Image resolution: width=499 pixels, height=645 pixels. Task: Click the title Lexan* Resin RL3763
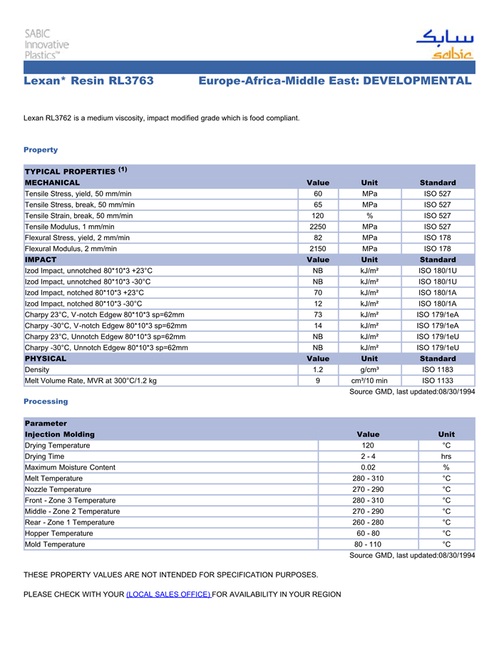(x=88, y=81)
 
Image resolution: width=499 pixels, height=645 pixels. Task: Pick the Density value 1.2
(x=318, y=370)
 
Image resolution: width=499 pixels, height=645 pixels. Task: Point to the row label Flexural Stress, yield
(x=77, y=237)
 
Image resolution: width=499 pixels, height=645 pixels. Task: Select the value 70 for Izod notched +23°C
(x=318, y=292)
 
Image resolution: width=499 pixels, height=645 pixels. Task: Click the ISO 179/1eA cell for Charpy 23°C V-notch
(x=437, y=314)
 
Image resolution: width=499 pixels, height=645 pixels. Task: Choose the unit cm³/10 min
(x=369, y=381)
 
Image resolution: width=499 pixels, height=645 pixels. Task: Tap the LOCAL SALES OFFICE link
(x=168, y=594)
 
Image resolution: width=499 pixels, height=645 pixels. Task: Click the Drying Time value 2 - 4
(x=368, y=456)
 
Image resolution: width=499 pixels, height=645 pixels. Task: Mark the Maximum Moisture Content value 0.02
(x=368, y=468)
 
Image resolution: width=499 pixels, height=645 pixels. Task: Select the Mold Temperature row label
(x=55, y=545)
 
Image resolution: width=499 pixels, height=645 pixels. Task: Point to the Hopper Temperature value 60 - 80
(x=368, y=533)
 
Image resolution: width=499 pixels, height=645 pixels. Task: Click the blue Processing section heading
(x=46, y=402)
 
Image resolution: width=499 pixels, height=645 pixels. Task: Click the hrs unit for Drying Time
(x=446, y=456)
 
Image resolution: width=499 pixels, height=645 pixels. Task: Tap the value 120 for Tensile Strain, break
(x=318, y=215)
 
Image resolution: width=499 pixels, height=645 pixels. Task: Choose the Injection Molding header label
(x=60, y=434)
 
